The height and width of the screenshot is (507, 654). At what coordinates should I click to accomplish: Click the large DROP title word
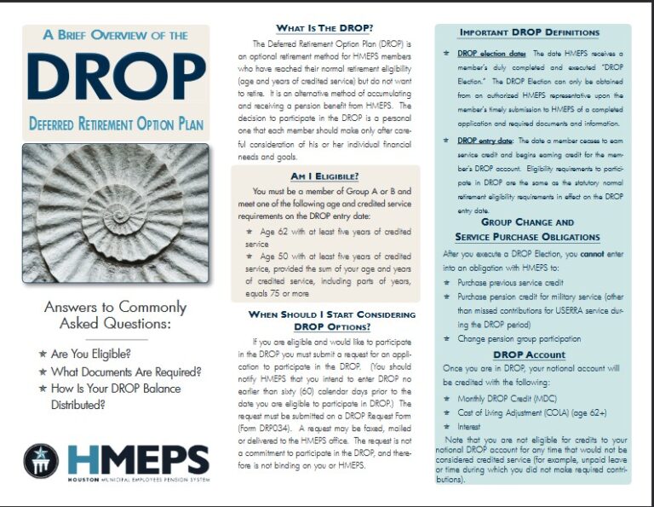(116, 78)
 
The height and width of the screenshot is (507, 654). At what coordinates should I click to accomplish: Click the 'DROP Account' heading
(529, 354)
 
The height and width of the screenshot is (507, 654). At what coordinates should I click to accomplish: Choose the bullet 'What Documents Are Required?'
(125, 372)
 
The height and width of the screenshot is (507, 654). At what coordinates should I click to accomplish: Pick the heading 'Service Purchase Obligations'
(528, 236)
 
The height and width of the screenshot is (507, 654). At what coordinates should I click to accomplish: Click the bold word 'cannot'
(593, 253)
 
